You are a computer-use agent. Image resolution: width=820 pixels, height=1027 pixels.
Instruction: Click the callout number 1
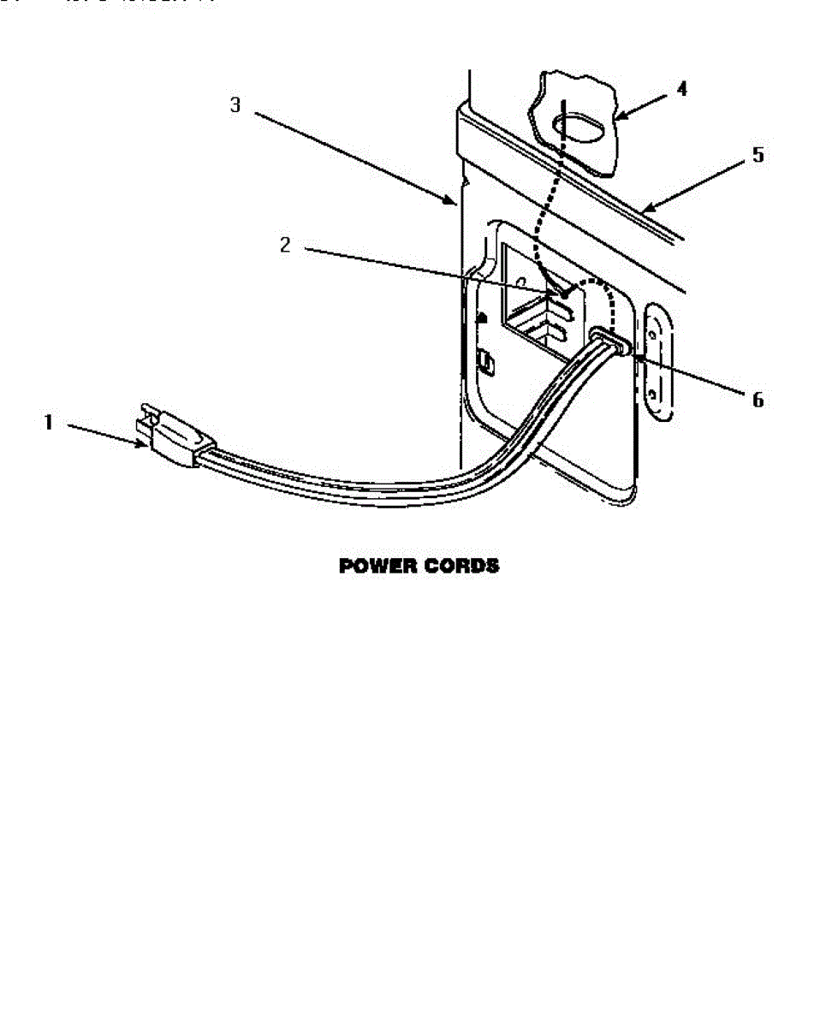point(49,423)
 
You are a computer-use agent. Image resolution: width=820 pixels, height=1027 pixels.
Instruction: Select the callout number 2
point(285,245)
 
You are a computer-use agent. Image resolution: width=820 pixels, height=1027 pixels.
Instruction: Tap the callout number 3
point(235,105)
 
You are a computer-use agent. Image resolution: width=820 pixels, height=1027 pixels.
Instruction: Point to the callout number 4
point(681,89)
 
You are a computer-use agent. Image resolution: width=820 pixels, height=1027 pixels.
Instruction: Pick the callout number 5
point(757,156)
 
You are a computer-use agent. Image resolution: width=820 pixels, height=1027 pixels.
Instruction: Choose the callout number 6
point(758,399)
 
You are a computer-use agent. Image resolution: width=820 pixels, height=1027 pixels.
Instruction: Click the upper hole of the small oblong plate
point(653,326)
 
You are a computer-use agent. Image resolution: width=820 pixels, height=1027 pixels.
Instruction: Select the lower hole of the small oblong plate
point(653,394)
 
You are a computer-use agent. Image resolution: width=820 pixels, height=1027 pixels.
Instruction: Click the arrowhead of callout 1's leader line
point(146,442)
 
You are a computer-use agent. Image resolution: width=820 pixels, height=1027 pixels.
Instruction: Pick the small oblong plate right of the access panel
point(655,360)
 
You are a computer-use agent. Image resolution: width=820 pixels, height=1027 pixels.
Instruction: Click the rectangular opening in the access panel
point(535,300)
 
